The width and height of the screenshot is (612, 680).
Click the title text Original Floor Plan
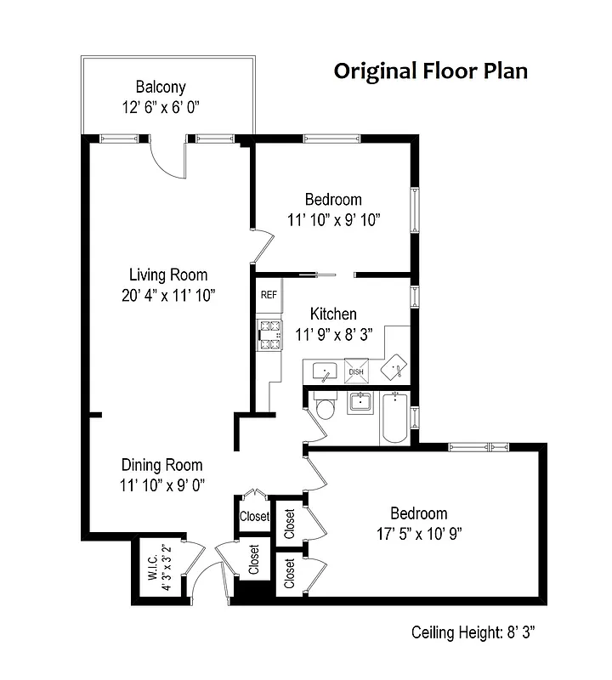coord(430,70)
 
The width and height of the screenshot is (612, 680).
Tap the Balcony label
coord(161,87)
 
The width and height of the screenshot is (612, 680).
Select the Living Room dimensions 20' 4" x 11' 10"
coord(167,296)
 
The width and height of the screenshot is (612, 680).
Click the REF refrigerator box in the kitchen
coord(269,295)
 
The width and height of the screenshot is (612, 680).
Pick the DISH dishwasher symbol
coord(356,371)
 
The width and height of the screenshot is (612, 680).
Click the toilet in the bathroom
coord(325,411)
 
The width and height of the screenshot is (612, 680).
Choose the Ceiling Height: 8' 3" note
coord(473,632)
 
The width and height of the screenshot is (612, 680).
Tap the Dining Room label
coord(161,465)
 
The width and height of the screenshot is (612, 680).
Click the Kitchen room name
coord(332,314)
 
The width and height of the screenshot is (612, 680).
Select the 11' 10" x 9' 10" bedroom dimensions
coord(333,219)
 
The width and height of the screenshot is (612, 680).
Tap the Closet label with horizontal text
coord(253,516)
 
